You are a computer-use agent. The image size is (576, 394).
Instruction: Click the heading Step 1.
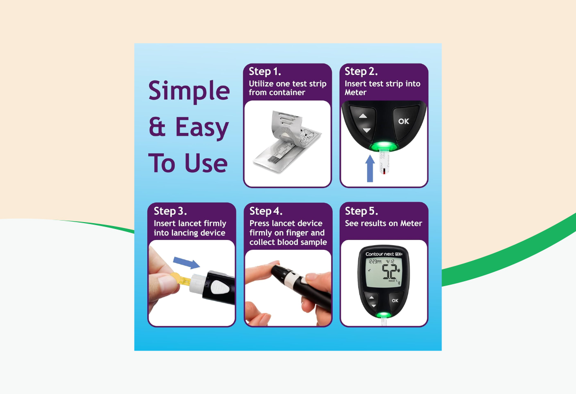[265, 72]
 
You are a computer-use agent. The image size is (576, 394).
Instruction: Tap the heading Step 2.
[361, 72]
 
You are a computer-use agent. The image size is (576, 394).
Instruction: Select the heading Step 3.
[170, 211]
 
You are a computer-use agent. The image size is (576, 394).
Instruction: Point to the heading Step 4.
[266, 211]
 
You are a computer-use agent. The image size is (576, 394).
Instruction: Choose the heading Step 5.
[361, 211]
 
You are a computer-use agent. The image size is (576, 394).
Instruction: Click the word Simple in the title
[189, 92]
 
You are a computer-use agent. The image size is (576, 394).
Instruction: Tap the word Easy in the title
[202, 128]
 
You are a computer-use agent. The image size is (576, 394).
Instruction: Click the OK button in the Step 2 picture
[404, 121]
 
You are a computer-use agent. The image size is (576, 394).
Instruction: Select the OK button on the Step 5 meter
[394, 300]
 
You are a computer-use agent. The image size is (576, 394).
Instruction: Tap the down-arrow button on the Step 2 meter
[366, 131]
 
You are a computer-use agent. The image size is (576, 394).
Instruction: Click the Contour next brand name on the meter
[379, 255]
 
